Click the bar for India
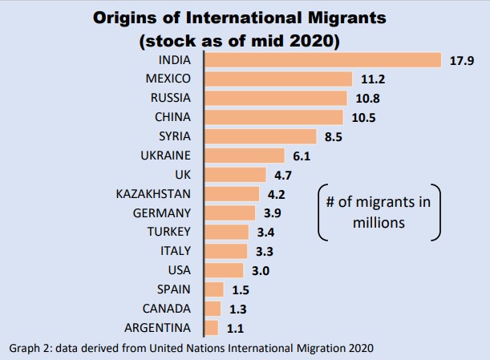pyautogui.click(x=324, y=60)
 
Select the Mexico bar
pyautogui.click(x=279, y=79)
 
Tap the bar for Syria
pyautogui.click(x=261, y=136)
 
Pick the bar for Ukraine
pyautogui.click(x=245, y=156)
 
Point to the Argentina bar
pyautogui.click(x=213, y=327)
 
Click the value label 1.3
pyautogui.click(x=237, y=309)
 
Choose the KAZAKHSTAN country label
pyautogui.click(x=153, y=194)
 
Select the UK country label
pyautogui.click(x=181, y=175)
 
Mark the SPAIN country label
pyautogui.click(x=172, y=289)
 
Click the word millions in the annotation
pyautogui.click(x=379, y=222)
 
